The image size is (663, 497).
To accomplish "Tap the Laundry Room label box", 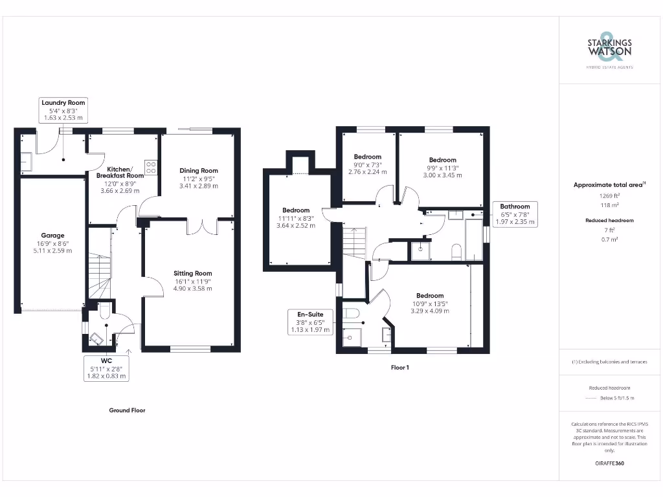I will coord(63,111).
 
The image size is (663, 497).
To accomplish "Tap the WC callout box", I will coord(107,368).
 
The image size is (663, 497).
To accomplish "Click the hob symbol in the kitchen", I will coord(151,167).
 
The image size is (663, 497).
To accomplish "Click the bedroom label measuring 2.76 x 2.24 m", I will coord(367,164).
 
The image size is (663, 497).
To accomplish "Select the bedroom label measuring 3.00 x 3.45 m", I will coord(442,168).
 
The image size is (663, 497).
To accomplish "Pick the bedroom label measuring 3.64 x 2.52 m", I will coord(296,218).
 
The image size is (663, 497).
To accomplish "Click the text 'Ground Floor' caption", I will coord(127,410).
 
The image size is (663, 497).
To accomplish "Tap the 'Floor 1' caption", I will coord(399,368).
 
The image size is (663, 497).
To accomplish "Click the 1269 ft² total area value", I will coord(609,195).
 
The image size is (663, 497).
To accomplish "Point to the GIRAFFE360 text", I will coord(609,463).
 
